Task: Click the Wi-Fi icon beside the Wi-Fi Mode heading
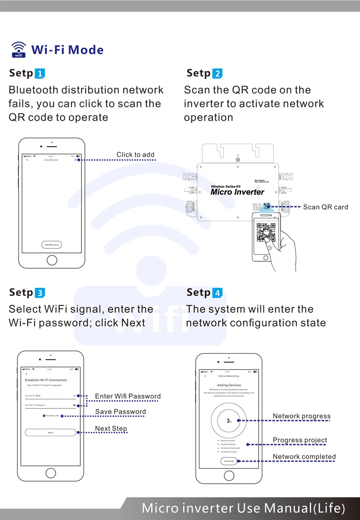[19, 50]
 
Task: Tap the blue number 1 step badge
[40, 73]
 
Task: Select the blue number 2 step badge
[217, 73]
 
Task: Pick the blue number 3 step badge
[40, 293]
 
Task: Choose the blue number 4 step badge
[217, 293]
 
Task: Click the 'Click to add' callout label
[135, 154]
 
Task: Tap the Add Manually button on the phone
[52, 245]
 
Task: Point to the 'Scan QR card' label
[325, 207]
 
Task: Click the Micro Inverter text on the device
[237, 192]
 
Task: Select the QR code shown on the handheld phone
[266, 232]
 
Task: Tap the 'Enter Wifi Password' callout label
[128, 396]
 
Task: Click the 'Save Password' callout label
[121, 412]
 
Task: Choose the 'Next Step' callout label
[111, 428]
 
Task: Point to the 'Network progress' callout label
[301, 416]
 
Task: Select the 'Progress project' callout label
[300, 440]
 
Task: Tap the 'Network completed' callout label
[304, 457]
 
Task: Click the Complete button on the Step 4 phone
[229, 461]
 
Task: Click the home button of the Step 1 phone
[52, 260]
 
